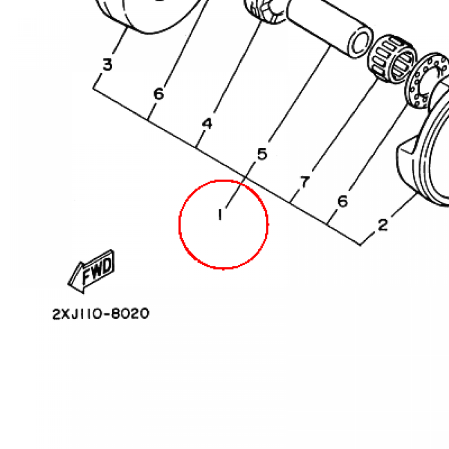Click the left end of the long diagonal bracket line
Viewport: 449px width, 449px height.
93,88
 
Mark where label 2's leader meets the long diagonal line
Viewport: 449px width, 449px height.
360,245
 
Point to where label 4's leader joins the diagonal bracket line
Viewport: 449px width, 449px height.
196,148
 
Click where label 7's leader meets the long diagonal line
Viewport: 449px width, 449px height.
290,203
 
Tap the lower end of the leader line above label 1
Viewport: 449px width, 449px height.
226,207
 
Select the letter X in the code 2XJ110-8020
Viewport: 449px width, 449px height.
65,314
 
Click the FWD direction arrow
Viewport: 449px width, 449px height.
91,271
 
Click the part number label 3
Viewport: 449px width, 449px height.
107,64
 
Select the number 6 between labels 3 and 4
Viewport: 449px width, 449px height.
159,94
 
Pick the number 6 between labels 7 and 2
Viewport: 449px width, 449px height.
342,201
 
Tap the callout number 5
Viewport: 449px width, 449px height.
262,154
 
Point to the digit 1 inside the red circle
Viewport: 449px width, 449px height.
220,215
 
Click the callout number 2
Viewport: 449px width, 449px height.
383,225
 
